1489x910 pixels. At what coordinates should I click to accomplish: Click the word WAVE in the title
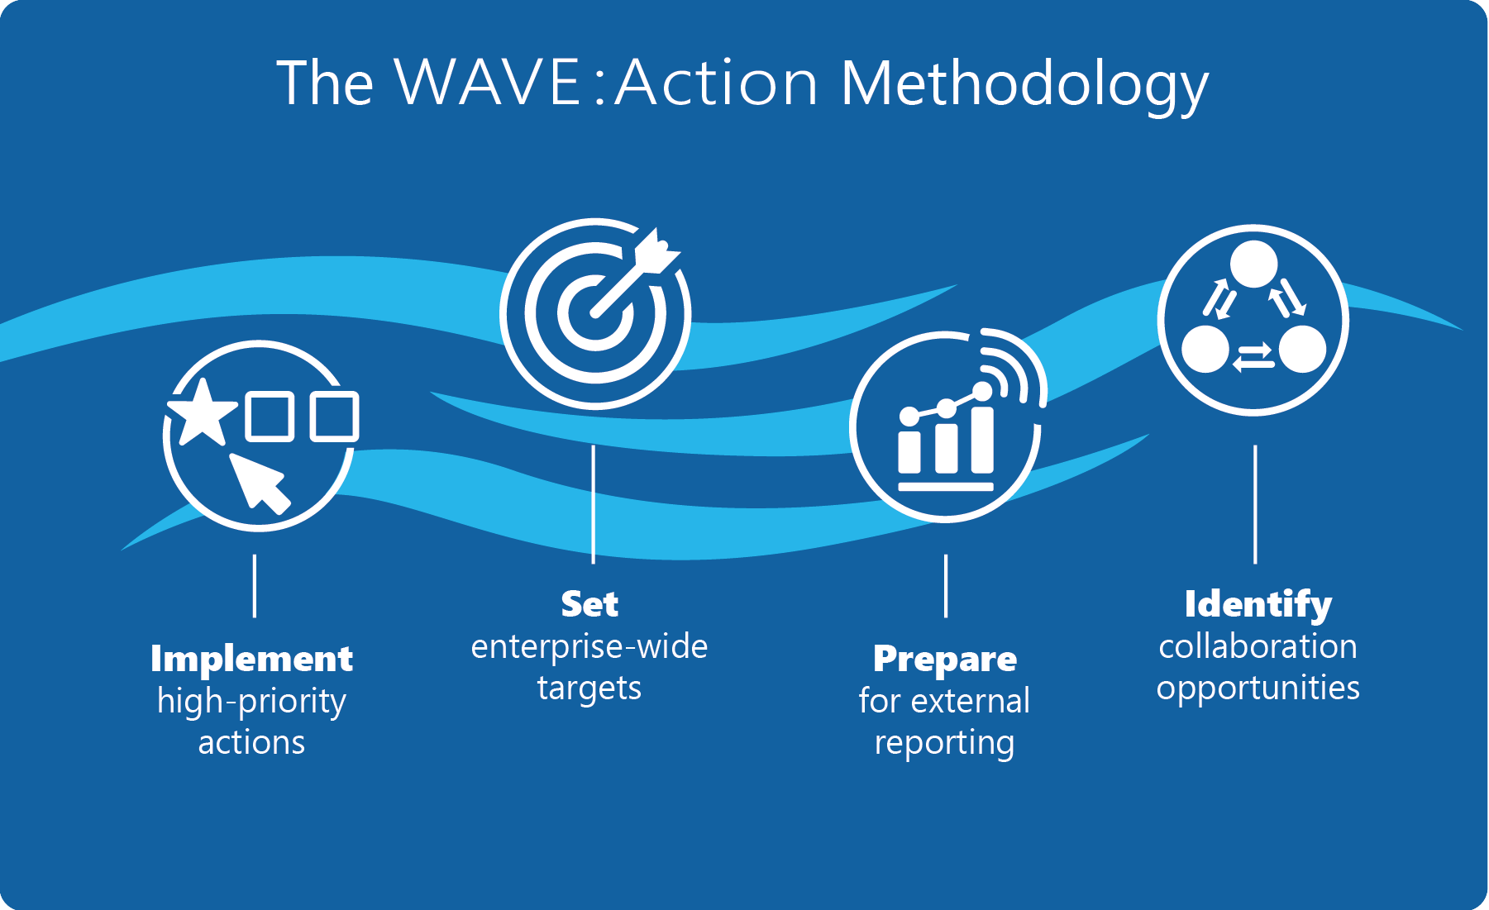(x=488, y=83)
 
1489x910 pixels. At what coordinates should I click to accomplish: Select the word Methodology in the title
(x=1024, y=84)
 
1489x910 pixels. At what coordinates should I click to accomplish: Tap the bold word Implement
(x=251, y=659)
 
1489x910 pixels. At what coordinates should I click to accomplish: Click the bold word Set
(x=589, y=604)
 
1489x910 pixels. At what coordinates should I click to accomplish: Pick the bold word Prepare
(x=945, y=659)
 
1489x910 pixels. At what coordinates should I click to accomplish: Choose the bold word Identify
(x=1258, y=604)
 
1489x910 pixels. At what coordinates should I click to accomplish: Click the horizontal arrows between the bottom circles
(x=1253, y=358)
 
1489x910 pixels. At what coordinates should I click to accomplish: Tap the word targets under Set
(x=589, y=688)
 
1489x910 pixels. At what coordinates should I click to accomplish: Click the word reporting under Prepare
(x=945, y=743)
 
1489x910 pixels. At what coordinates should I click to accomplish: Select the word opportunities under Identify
(x=1258, y=688)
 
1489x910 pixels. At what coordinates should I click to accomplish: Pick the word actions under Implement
(x=251, y=743)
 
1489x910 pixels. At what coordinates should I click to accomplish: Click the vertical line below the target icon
(x=594, y=504)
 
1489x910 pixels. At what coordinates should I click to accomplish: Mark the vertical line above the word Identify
(x=1255, y=504)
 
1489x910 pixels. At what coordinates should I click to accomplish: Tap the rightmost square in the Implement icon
(x=335, y=416)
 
